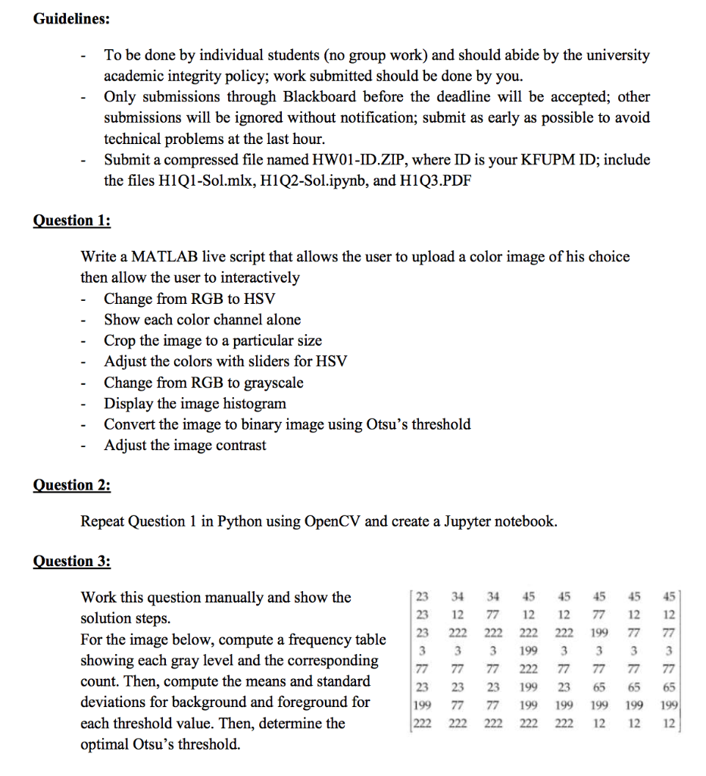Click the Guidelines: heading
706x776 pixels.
[x=70, y=19]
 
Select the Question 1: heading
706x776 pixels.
[x=72, y=221]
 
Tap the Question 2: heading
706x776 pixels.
[x=72, y=485]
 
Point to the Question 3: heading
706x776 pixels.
[x=72, y=562]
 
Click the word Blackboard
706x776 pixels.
[x=320, y=97]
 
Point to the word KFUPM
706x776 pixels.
[x=539, y=160]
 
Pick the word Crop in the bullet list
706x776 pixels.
[x=120, y=340]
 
